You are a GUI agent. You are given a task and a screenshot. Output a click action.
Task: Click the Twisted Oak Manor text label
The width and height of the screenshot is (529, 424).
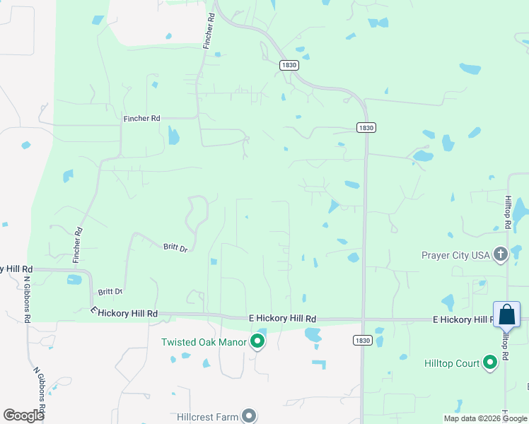tap(204, 342)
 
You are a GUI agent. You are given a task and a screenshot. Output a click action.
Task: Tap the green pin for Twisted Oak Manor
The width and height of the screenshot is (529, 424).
tap(258, 342)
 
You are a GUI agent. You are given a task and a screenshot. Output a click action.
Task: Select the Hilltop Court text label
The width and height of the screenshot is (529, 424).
tap(452, 363)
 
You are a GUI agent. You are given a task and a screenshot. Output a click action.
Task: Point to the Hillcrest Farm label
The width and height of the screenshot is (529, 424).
tap(207, 417)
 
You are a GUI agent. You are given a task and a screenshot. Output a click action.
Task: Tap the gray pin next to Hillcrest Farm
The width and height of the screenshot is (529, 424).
tap(249, 416)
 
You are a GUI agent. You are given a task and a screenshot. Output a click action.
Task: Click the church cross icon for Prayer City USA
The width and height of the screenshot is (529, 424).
tap(501, 254)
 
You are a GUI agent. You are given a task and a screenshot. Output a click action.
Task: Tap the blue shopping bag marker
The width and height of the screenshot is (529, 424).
tap(507, 315)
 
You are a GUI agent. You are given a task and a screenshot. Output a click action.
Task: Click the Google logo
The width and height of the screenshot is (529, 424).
tap(23, 416)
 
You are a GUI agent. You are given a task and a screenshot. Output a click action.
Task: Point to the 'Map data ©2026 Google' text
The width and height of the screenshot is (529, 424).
tap(486, 418)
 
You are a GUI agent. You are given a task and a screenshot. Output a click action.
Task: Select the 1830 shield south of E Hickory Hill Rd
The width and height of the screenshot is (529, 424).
tap(362, 340)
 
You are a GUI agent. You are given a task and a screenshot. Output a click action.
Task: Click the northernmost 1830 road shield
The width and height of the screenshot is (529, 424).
tap(289, 65)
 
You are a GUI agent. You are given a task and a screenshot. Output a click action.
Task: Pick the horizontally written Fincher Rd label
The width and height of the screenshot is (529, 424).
tap(141, 118)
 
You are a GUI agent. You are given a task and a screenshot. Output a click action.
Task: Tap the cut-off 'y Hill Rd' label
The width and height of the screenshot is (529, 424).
tap(17, 269)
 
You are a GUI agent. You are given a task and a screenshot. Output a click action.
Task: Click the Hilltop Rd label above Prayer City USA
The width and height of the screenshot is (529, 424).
tap(508, 212)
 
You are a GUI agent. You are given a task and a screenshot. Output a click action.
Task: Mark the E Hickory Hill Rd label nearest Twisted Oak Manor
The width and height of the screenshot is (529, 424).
tap(282, 319)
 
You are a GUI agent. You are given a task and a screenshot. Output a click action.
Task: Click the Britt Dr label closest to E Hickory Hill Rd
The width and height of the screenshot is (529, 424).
tap(110, 291)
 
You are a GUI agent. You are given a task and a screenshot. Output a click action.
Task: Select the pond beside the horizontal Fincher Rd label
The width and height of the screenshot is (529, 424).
tap(173, 135)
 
